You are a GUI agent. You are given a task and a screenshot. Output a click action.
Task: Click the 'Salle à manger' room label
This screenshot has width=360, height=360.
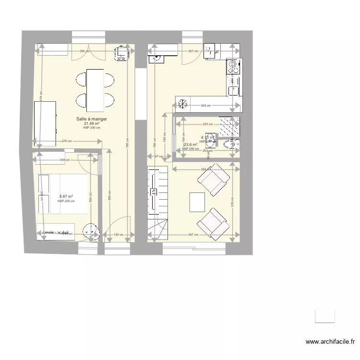click(x=92, y=119)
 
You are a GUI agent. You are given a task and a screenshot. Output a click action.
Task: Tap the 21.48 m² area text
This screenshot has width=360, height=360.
click(x=92, y=123)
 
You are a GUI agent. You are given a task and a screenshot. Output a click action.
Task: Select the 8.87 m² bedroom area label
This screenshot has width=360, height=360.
click(x=66, y=196)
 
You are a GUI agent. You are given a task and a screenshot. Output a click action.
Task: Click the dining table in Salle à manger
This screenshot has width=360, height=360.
click(x=95, y=89)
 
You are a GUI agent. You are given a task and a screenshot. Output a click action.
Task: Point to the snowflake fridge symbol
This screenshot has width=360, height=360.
click(x=182, y=103)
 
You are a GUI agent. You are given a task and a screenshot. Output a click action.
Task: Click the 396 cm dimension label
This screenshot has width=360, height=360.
click(x=84, y=51)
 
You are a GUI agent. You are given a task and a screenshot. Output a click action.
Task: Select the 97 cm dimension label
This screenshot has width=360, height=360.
click(x=159, y=156)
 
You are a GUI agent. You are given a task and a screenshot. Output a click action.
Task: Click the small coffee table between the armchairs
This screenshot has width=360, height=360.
click(x=197, y=202)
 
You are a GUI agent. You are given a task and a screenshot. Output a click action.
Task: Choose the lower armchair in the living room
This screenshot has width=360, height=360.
click(x=212, y=222)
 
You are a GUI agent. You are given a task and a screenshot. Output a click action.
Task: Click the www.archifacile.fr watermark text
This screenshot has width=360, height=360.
click(x=330, y=342)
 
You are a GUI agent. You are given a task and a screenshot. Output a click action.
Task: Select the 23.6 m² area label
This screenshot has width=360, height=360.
click(x=191, y=144)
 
